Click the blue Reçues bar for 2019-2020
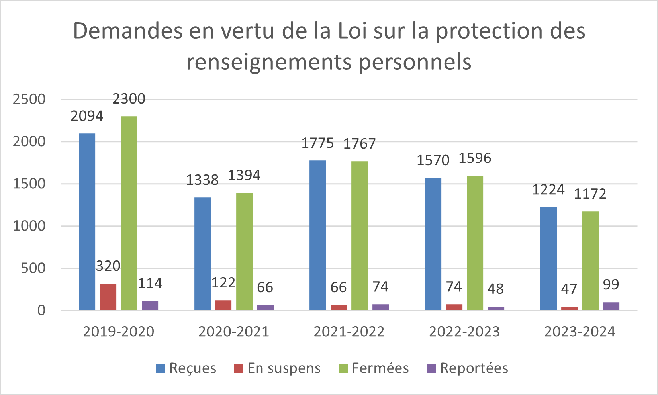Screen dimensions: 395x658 tap(87, 221)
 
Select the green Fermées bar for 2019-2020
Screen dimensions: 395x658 tap(129, 213)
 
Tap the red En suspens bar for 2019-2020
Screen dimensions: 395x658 tap(108, 297)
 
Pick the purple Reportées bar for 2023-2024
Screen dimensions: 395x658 tap(611, 306)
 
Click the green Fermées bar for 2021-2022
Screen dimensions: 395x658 tap(360, 235)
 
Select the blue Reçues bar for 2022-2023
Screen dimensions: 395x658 tap(433, 244)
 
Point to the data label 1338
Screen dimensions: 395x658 tap(202, 180)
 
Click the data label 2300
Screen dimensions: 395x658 tap(129, 99)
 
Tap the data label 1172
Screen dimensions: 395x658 tap(590, 194)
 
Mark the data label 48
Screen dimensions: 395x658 tap(495, 289)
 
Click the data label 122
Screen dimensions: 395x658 tap(223, 283)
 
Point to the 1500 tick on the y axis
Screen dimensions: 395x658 tap(29, 184)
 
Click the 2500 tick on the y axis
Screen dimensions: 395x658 tap(29, 99)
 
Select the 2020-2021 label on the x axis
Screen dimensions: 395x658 tap(234, 332)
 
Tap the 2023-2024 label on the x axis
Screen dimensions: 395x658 tap(580, 332)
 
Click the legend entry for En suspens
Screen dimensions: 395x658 tap(284, 368)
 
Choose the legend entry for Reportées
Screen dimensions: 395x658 tap(474, 368)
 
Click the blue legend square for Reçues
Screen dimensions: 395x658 tap(161, 368)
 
